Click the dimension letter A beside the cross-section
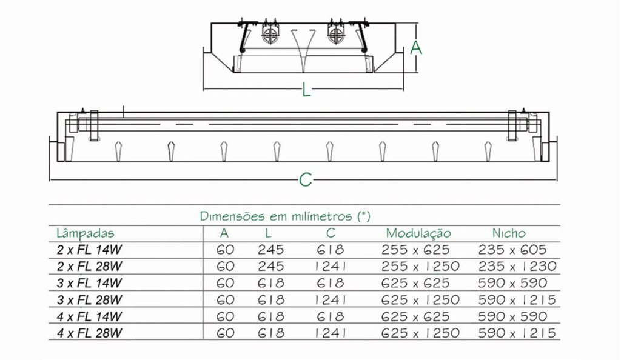(416, 47)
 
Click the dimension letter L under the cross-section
(306, 90)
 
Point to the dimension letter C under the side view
(306, 180)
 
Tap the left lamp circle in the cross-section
(270, 35)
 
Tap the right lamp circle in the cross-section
(336, 35)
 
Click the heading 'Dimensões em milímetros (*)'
(285, 216)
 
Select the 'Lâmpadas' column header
(85, 233)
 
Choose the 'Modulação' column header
(418, 233)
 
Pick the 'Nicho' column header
(509, 233)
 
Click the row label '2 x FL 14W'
(89, 250)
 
